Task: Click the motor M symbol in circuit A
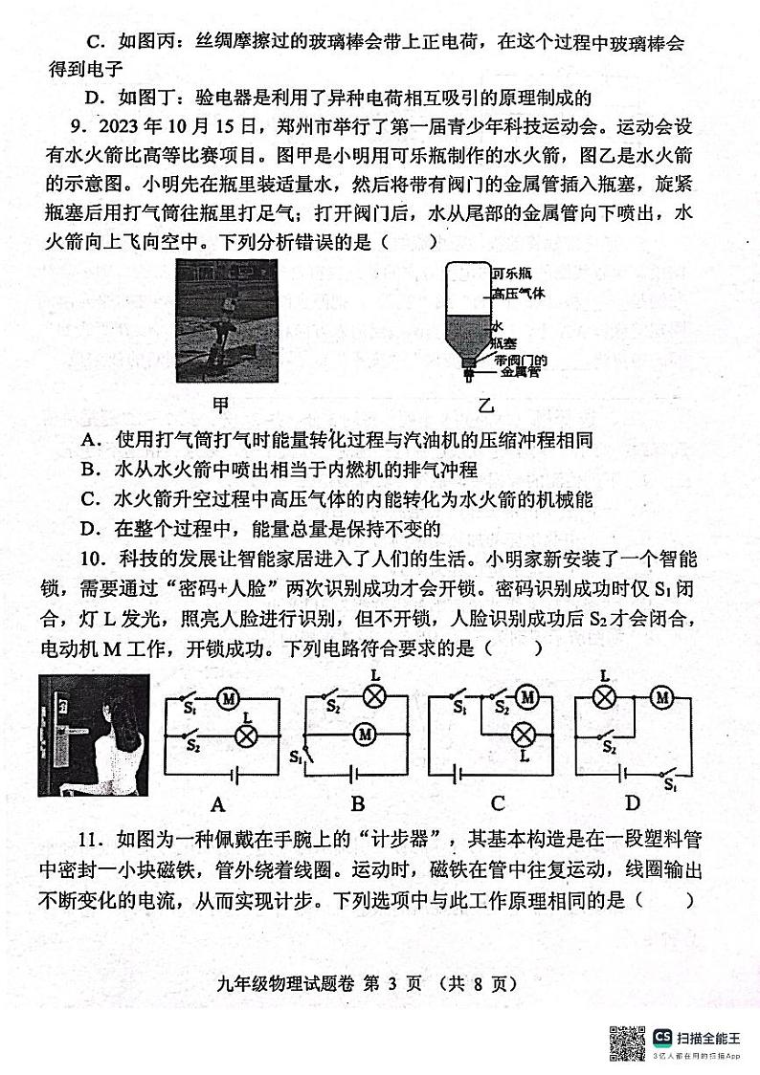point(230,700)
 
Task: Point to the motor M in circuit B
point(364,735)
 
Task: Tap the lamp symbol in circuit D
point(604,698)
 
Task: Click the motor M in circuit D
point(661,698)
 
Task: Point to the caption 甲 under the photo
point(220,405)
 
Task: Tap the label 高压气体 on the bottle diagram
point(518,294)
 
